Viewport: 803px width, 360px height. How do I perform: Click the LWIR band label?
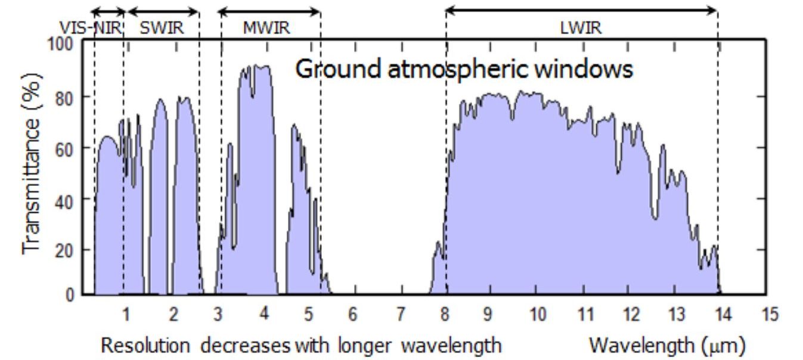click(x=581, y=27)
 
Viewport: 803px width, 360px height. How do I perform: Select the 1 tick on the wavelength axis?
click(x=126, y=314)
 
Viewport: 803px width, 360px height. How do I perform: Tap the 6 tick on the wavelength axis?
click(x=353, y=314)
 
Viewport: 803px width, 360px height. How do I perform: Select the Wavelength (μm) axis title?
click(x=666, y=345)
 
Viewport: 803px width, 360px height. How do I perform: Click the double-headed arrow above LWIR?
click(x=581, y=10)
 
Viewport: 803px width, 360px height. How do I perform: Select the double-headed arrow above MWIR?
click(x=269, y=11)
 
